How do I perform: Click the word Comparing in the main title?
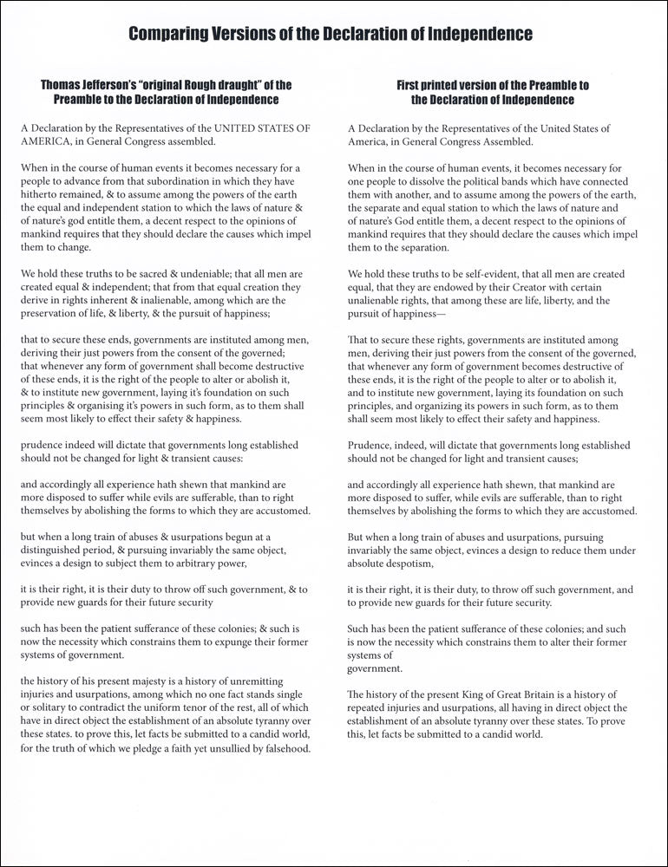click(165, 35)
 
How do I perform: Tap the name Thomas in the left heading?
click(62, 85)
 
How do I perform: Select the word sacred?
click(162, 274)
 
